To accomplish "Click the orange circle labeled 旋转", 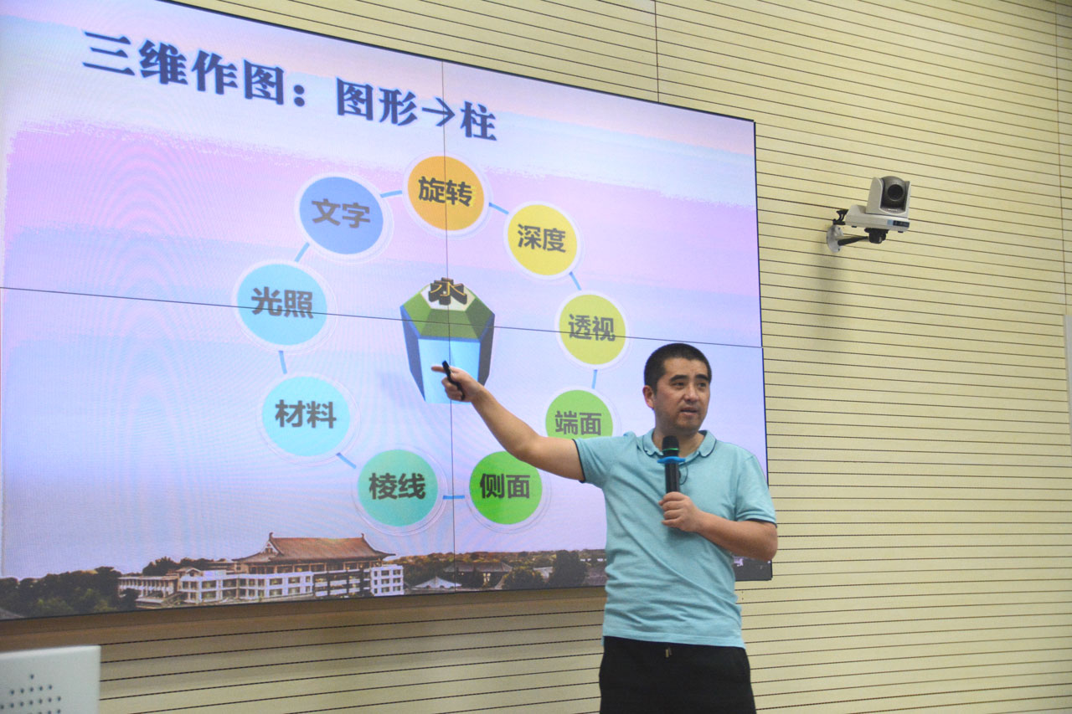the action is [x=445, y=193].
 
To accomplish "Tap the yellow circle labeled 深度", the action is [x=542, y=239].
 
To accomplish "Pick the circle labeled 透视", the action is [x=592, y=329].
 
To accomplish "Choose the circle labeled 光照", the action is [x=282, y=304].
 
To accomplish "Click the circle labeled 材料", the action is [x=306, y=415].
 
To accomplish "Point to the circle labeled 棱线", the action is [x=398, y=488].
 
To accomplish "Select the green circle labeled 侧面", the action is [x=505, y=487].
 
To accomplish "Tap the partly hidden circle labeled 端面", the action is [x=579, y=415].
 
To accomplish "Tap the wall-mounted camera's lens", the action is [x=894, y=193].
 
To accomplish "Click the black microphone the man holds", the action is [x=671, y=464].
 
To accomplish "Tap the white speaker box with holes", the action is [x=49, y=680].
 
